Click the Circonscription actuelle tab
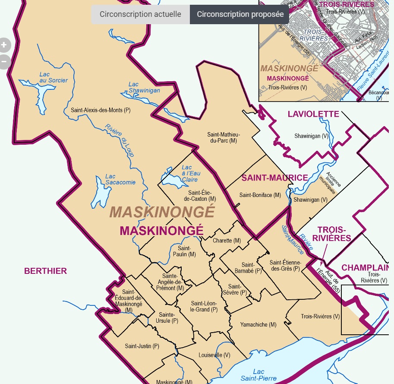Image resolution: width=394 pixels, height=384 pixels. point(140,14)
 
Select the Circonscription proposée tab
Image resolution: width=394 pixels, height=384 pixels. point(240,14)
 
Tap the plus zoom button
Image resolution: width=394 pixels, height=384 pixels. point(4,44)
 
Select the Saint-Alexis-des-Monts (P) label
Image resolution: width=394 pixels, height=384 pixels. point(101,110)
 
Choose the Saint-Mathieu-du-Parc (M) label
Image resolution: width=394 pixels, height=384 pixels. point(222,137)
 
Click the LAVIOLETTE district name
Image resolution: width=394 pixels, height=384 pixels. point(313,114)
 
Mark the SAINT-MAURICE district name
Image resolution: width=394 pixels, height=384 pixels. point(274,178)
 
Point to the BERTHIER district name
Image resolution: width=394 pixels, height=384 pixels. point(45,271)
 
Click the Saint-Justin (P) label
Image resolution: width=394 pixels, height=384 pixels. point(142,346)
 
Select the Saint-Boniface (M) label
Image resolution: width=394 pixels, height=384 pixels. point(260,195)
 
